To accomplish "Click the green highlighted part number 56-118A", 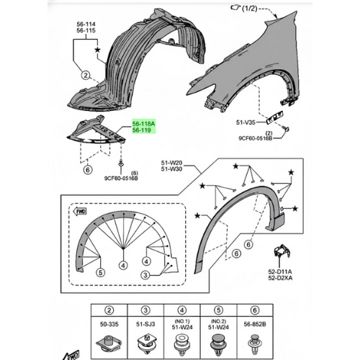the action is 144,124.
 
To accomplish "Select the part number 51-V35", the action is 246,122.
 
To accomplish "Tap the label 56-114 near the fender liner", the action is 86,24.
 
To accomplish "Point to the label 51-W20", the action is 171,163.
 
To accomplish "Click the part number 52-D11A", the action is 280,272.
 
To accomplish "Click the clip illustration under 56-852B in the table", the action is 255,344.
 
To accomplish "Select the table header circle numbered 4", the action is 182,310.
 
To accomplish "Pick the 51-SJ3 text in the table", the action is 145,324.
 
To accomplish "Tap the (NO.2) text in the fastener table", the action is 218,321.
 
